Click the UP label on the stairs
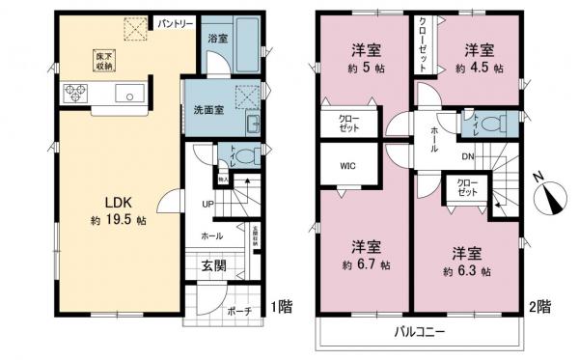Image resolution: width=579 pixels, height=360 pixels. click(208, 205)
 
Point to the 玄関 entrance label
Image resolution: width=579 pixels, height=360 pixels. click(213, 264)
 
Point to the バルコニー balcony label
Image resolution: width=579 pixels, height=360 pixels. click(419, 332)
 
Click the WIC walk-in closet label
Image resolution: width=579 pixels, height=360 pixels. click(347, 165)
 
